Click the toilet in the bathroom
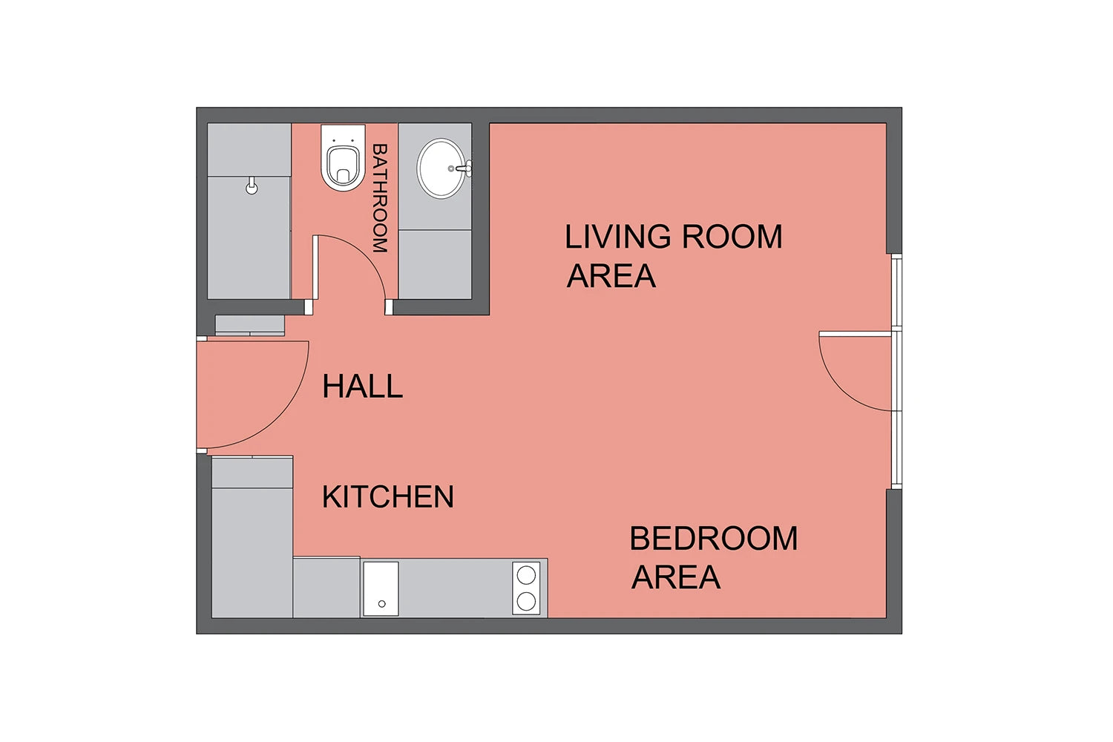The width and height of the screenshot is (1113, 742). pyautogui.click(x=342, y=157)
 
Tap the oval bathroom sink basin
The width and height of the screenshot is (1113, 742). pyautogui.click(x=441, y=168)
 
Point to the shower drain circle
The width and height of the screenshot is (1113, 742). pyautogui.click(x=252, y=188)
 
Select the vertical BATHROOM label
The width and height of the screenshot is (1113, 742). pyautogui.click(x=380, y=198)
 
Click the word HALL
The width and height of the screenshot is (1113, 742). pyautogui.click(x=362, y=386)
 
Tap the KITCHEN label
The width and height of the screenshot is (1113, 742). pyautogui.click(x=388, y=496)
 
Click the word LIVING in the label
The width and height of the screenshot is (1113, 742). pyautogui.click(x=617, y=237)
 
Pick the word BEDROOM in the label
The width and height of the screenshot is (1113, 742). pyautogui.click(x=714, y=538)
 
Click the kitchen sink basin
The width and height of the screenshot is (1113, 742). pyautogui.click(x=381, y=588)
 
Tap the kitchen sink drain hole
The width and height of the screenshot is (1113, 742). pyautogui.click(x=381, y=604)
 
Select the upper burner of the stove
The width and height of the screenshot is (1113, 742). pyautogui.click(x=526, y=575)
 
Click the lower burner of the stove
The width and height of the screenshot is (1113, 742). pyautogui.click(x=526, y=601)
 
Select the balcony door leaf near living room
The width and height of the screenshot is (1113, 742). pyautogui.click(x=855, y=334)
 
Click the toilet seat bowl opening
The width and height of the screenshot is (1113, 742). pyautogui.click(x=343, y=165)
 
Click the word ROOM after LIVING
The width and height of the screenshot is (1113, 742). pyautogui.click(x=732, y=237)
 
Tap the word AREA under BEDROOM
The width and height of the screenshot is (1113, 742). pyautogui.click(x=676, y=577)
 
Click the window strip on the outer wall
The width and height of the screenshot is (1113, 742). pyautogui.click(x=896, y=371)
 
